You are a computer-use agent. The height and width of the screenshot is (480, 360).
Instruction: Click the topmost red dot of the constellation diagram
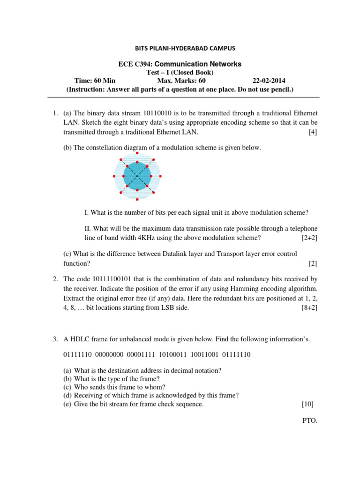[137, 153]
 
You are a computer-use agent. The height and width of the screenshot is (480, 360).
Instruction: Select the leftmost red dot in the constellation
[114, 176]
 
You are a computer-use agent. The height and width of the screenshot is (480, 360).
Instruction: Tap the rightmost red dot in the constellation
[161, 176]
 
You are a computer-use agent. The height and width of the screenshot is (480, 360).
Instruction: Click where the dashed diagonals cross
[137, 176]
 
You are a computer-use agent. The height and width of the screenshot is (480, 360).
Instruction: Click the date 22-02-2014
[269, 80]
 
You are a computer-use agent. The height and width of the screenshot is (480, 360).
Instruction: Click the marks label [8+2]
[309, 308]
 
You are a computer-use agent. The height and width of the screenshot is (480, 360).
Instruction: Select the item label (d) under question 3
[68, 395]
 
